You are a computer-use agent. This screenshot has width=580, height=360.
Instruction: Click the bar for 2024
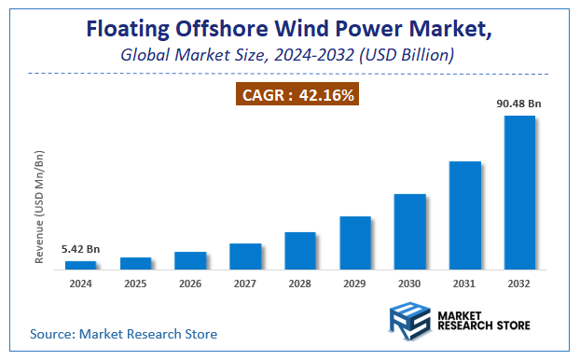pyautogui.click(x=80, y=265)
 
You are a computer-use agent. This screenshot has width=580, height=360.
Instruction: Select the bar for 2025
pyautogui.click(x=135, y=263)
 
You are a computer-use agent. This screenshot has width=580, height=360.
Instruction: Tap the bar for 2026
pyautogui.click(x=190, y=260)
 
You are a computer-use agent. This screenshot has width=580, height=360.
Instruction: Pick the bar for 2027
pyautogui.click(x=245, y=256)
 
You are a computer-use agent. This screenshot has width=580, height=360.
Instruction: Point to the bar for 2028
pyautogui.click(x=300, y=251)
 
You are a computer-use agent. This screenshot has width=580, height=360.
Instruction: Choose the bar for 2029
pyautogui.click(x=355, y=242)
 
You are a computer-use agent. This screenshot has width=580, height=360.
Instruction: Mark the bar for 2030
pyautogui.click(x=410, y=232)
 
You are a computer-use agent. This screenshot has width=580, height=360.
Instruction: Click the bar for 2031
pyautogui.click(x=465, y=215)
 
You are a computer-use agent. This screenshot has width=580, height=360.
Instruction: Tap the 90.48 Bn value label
pyautogui.click(x=519, y=104)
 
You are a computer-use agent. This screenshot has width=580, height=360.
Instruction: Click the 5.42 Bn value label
pyautogui.click(x=80, y=249)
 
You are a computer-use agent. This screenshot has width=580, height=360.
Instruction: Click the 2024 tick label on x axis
pyautogui.click(x=80, y=283)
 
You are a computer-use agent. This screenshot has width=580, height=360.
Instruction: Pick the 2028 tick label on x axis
pyautogui.click(x=300, y=283)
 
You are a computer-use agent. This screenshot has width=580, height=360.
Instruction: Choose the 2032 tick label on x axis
pyautogui.click(x=519, y=283)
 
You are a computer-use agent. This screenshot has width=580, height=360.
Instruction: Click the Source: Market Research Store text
pyautogui.click(x=123, y=333)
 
